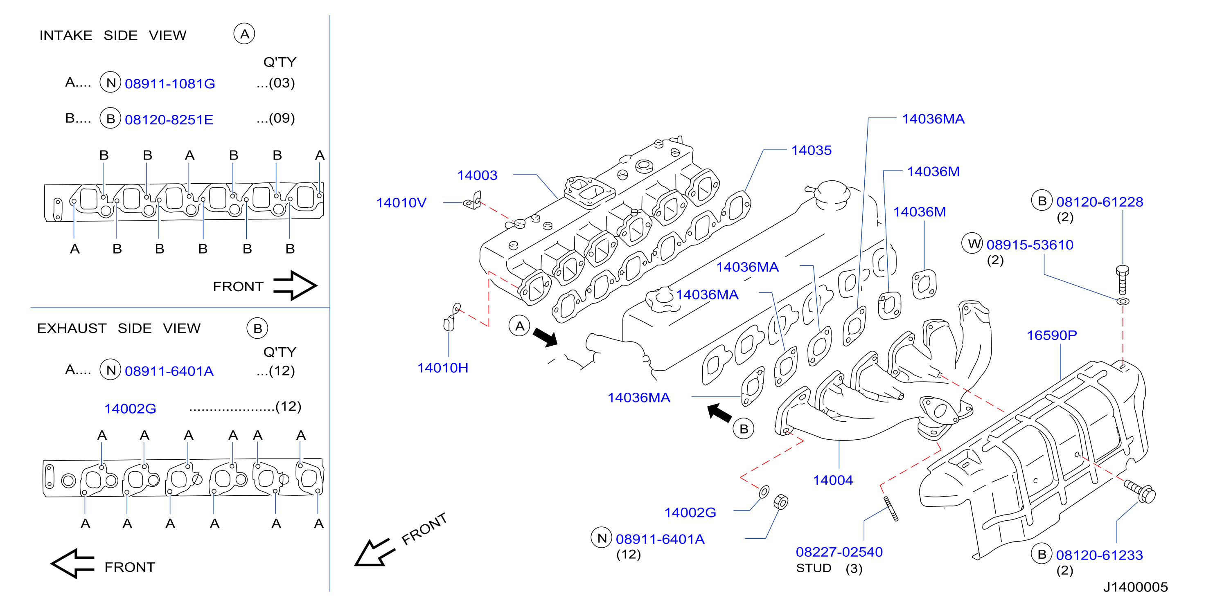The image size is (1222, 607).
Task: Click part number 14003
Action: (x=477, y=175)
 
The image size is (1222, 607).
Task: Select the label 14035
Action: (x=811, y=151)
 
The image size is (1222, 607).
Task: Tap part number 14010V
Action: (x=401, y=203)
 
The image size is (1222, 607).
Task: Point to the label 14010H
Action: (x=442, y=368)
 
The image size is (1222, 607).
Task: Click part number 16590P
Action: (x=1052, y=336)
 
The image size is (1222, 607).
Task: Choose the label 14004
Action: (x=833, y=480)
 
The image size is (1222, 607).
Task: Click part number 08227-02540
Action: (x=839, y=552)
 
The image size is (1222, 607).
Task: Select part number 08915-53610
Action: (x=1030, y=245)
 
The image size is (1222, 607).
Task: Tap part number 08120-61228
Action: (x=1100, y=202)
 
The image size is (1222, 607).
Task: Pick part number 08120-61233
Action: (x=1099, y=555)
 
